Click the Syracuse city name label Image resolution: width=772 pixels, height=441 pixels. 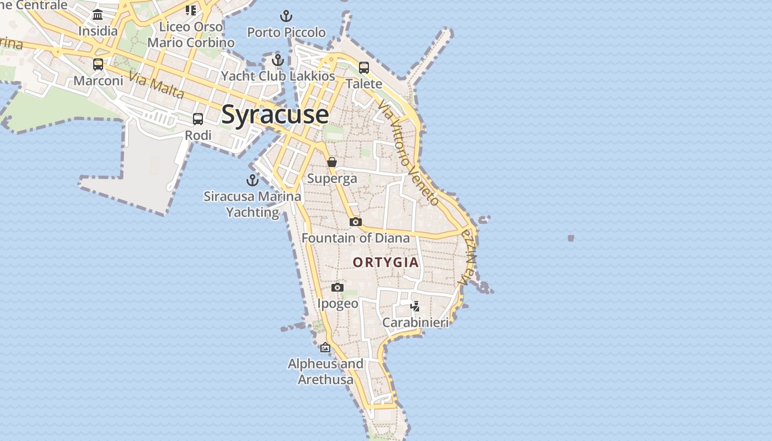pyautogui.click(x=275, y=115)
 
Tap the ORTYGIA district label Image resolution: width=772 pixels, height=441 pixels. pyautogui.click(x=386, y=262)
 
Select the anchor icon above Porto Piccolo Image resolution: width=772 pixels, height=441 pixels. pyautogui.click(x=286, y=16)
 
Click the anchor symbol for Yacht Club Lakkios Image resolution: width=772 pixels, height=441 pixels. pyautogui.click(x=278, y=60)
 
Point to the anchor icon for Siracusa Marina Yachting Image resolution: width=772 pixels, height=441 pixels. pyautogui.click(x=252, y=180)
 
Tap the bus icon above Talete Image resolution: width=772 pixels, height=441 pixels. pyautogui.click(x=364, y=67)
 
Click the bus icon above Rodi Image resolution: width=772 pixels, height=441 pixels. pyautogui.click(x=197, y=119)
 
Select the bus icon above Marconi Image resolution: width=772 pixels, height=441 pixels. pyautogui.click(x=98, y=64)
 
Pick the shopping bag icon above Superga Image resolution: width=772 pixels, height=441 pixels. pyautogui.click(x=332, y=162)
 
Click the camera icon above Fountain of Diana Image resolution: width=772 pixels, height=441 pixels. pyautogui.click(x=356, y=222)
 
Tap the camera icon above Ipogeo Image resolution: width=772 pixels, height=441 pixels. pyautogui.click(x=337, y=287)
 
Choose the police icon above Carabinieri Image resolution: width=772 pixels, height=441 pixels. pyautogui.click(x=415, y=306)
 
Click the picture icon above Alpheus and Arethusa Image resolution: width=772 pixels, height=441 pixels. pyautogui.click(x=325, y=347)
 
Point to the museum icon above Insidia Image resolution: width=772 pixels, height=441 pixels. pyautogui.click(x=98, y=14)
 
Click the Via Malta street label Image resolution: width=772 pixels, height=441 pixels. pyautogui.click(x=157, y=85)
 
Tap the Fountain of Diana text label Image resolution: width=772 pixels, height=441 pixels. pyautogui.click(x=356, y=238)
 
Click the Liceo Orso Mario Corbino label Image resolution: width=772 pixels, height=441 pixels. pyautogui.click(x=191, y=34)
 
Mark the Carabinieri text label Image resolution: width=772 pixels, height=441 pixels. pyautogui.click(x=415, y=322)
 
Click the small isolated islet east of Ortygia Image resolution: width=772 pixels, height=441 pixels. pyautogui.click(x=571, y=238)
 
